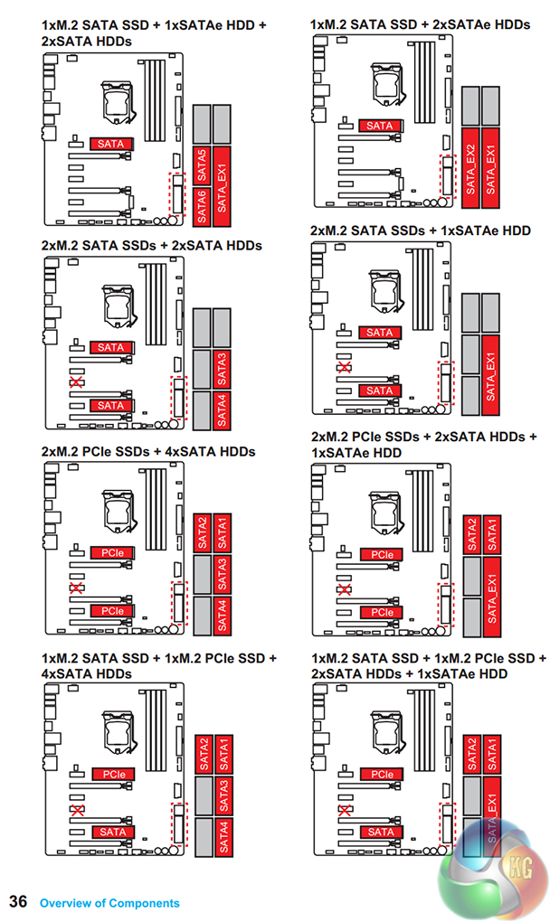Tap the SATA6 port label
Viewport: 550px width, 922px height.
point(203,204)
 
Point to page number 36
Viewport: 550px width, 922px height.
point(18,901)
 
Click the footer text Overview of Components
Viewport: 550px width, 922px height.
point(109,902)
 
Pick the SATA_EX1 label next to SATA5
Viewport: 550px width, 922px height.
point(223,184)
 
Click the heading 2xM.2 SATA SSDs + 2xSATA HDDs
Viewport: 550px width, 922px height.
point(151,245)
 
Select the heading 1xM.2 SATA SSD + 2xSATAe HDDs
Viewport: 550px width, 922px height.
point(420,25)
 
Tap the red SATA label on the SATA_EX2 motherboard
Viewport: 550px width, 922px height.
point(380,126)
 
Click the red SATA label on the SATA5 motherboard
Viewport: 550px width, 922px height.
point(112,143)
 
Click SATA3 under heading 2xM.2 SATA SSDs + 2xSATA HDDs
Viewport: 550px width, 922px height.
point(223,368)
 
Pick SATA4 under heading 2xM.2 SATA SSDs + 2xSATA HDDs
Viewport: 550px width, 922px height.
point(223,409)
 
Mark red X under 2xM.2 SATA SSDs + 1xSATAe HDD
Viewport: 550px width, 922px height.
point(344,367)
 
